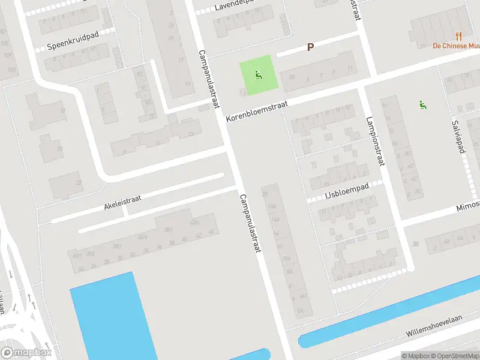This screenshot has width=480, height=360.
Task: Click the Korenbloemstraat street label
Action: pos(257,112)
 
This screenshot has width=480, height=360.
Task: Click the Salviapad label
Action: pos(459,136)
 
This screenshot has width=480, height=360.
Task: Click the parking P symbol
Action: pos(310,47)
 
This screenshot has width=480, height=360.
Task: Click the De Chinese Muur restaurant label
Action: pos(456,46)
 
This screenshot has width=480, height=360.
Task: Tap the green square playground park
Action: pos(256,75)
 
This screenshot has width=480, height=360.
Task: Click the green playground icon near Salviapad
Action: pos(423,105)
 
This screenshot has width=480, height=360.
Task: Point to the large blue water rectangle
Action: pos(111,318)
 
